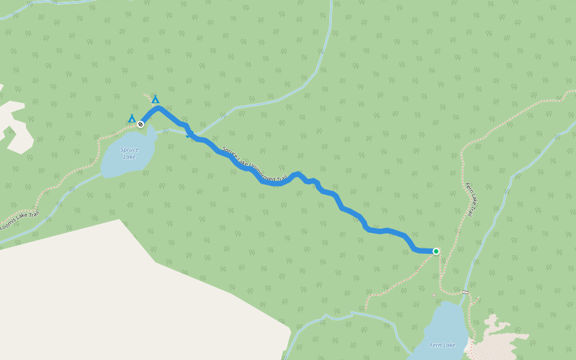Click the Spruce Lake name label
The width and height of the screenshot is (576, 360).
pyautogui.click(x=129, y=153)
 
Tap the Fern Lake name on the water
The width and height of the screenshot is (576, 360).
pyautogui.click(x=442, y=345)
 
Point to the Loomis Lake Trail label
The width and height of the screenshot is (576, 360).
pyautogui.click(x=19, y=221)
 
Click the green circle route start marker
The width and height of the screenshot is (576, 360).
pyautogui.click(x=436, y=251)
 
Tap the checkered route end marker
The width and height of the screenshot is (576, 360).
pyautogui.click(x=140, y=124)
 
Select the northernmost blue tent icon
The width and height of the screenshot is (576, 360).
pyautogui.click(x=155, y=99)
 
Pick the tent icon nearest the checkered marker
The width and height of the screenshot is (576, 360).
pyautogui.click(x=131, y=118)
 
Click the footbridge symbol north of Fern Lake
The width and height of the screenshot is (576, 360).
pyautogui.click(x=465, y=292)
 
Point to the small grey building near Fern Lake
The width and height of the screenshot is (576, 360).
pyautogui.click(x=434, y=295)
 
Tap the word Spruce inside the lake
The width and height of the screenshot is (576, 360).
pyautogui.click(x=129, y=149)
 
